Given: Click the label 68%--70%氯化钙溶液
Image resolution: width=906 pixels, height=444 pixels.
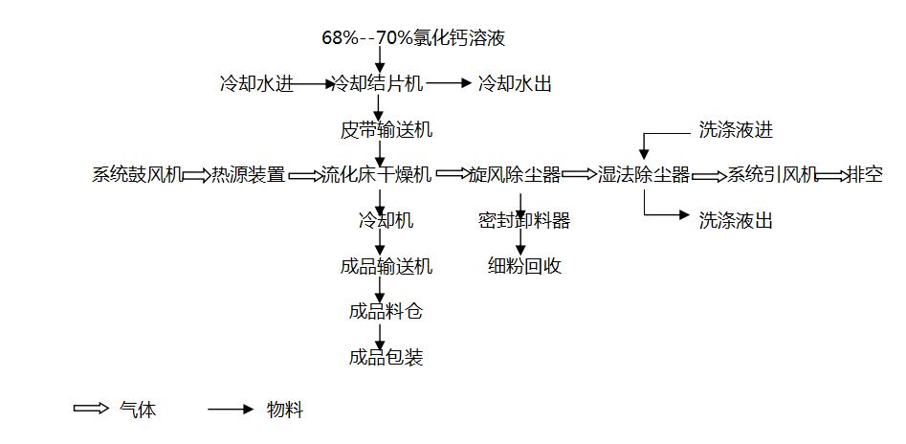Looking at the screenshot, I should (412, 39).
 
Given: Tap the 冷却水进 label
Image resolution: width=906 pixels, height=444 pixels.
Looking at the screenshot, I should (255, 84).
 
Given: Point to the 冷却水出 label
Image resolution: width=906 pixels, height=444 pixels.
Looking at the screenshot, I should (515, 84).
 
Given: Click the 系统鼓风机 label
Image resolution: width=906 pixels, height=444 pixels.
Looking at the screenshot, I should (137, 175).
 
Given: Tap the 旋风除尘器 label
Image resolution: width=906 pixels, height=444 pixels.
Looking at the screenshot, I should (514, 175).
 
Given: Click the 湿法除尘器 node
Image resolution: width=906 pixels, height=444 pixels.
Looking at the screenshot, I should (644, 175).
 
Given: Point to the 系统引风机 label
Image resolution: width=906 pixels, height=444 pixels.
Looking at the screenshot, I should (772, 175).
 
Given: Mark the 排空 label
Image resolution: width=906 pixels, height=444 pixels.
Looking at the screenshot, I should (865, 175).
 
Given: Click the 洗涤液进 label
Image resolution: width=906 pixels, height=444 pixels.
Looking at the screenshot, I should (735, 131).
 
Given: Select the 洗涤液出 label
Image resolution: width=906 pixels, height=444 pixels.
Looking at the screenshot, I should (735, 221).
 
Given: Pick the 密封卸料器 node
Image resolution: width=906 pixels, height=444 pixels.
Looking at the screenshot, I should (523, 221).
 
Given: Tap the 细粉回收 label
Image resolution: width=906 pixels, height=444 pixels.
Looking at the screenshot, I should (523, 266).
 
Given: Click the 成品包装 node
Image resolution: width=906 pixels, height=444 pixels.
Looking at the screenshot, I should (386, 358).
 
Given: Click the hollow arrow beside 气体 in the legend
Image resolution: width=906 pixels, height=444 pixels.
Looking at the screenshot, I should (91, 410).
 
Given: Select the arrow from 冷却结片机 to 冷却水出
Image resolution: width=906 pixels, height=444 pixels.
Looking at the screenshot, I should (449, 84).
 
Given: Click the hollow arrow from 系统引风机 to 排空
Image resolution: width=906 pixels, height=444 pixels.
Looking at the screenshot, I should (832, 175).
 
